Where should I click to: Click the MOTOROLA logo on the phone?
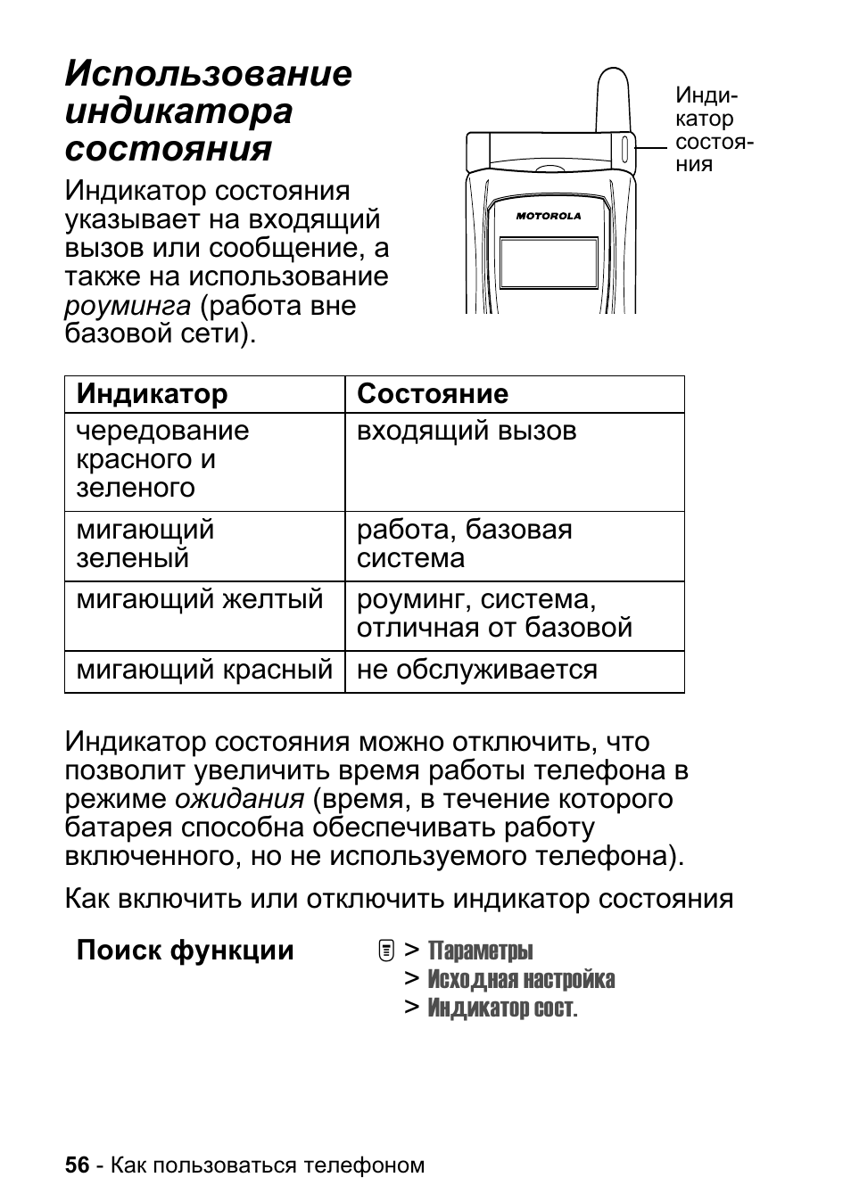549,216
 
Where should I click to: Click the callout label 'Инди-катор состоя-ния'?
713,130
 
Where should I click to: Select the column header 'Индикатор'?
152,394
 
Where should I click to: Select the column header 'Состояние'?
433,394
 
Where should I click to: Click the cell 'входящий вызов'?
467,432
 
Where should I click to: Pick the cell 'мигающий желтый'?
200,599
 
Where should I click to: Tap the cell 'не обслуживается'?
476,671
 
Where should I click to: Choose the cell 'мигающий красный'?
204,671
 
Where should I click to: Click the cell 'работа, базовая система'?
464,544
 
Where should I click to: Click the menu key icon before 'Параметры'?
385,951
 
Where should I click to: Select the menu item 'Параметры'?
480,951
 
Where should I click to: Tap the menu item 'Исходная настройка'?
521,979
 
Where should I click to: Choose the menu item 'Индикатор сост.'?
502,1008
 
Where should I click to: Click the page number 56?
78,1165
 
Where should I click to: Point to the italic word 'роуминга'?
128,306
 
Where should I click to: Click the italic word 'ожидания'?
240,799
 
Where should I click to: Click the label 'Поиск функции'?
185,951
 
